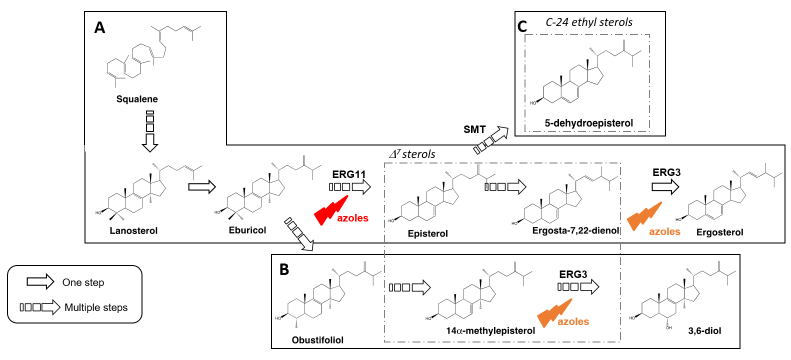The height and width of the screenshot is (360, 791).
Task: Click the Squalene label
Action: pyautogui.click(x=137, y=99)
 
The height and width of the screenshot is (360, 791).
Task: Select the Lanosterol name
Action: pyautogui.click(x=133, y=230)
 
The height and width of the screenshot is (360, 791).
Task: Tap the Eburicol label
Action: pyautogui.click(x=247, y=230)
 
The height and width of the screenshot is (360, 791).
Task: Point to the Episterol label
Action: pyautogui.click(x=427, y=233)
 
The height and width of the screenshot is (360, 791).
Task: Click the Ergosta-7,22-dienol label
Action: pyautogui.click(x=575, y=230)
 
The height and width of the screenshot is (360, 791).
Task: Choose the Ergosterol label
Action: pyautogui.click(x=719, y=232)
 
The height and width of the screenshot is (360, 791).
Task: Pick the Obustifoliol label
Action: pyautogui.click(x=317, y=340)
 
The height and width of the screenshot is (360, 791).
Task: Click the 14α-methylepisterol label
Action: pyautogui.click(x=490, y=330)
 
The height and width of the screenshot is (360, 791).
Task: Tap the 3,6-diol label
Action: pyautogui.click(x=704, y=330)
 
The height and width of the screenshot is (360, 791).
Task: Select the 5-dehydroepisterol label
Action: pyautogui.click(x=588, y=123)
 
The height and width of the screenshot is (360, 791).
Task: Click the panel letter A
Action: pyautogui.click(x=100, y=27)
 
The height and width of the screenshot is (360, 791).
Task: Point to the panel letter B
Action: pyautogui.click(x=284, y=269)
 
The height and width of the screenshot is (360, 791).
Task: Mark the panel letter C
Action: pyautogui.click(x=522, y=26)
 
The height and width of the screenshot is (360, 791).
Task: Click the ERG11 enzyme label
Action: pyautogui.click(x=349, y=174)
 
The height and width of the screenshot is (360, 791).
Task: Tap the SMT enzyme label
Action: pyautogui.click(x=474, y=129)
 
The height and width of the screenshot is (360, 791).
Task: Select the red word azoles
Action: pyautogui.click(x=352, y=218)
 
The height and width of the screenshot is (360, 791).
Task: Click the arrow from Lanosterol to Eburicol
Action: pyautogui.click(x=202, y=187)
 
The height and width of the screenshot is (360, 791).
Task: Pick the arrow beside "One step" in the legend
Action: pyautogui.click(x=40, y=282)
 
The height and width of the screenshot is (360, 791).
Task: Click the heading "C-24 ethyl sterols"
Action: pyautogui.click(x=588, y=22)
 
